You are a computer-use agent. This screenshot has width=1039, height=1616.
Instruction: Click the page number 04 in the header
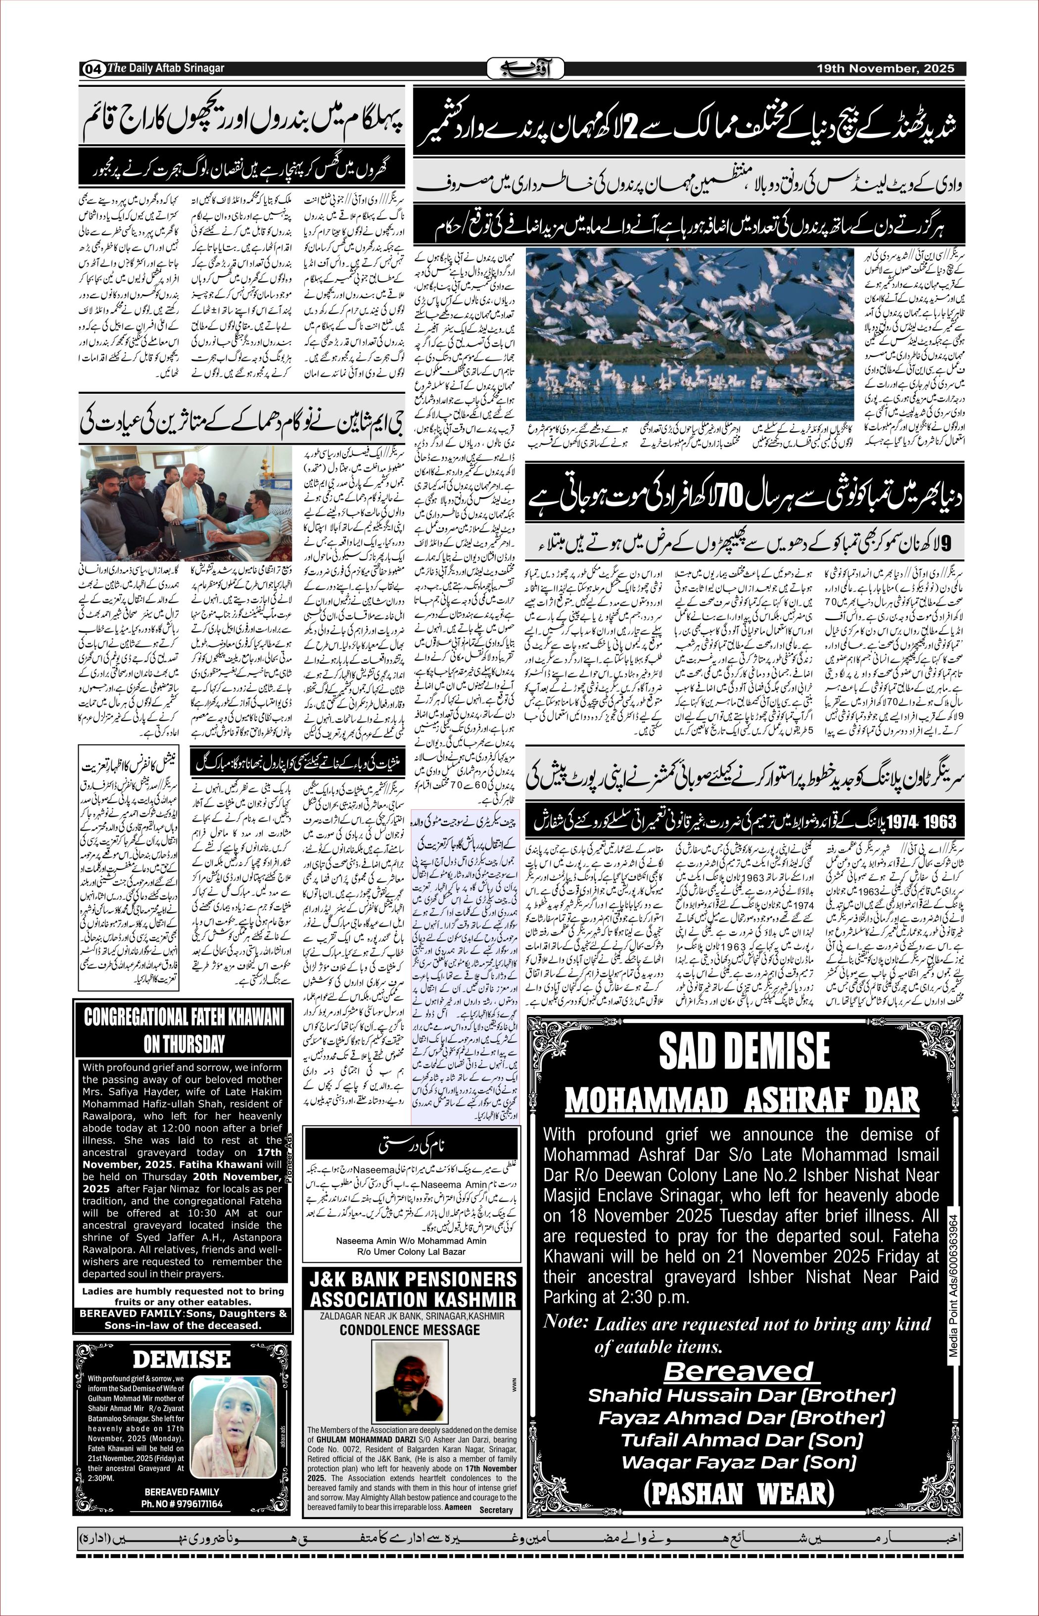tap(93, 69)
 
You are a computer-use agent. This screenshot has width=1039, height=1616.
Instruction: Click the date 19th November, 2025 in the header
tap(885, 69)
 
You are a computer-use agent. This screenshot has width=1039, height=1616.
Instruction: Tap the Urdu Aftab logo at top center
tap(525, 69)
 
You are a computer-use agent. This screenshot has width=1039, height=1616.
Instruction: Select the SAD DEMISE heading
tap(744, 1052)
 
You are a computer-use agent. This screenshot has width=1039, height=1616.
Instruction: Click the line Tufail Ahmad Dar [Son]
tap(742, 1440)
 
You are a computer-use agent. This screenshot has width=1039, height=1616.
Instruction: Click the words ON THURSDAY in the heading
tap(184, 1044)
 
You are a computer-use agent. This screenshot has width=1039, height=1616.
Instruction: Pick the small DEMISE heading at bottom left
tap(182, 1359)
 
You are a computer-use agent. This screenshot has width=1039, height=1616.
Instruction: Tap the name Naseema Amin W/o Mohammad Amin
tap(411, 1241)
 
